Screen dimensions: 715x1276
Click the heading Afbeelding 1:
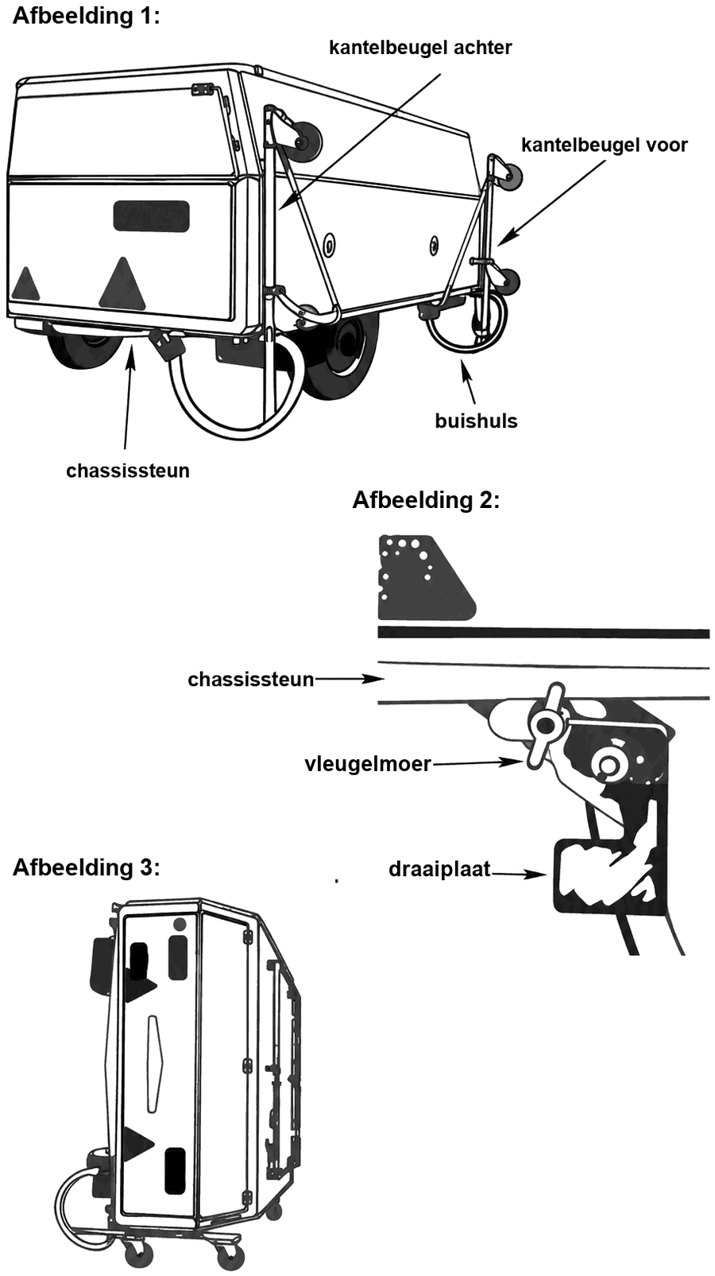(87, 16)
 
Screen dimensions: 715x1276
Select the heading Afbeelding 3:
(87, 867)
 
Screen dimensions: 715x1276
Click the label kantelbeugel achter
(421, 48)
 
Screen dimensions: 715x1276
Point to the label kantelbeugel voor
(605, 145)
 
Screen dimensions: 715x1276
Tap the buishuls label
(477, 421)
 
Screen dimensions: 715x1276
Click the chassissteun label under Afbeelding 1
(128, 471)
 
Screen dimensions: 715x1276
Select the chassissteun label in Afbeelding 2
(251, 679)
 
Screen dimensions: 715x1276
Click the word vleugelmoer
(368, 764)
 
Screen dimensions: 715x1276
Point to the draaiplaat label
(440, 869)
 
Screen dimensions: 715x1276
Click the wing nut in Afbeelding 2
(545, 726)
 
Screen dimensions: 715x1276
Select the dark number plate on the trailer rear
(152, 215)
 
